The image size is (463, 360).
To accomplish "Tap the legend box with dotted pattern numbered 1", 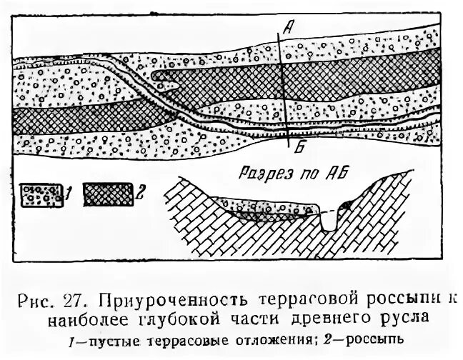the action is point(43,194).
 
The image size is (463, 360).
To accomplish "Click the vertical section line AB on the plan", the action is point(284,86).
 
